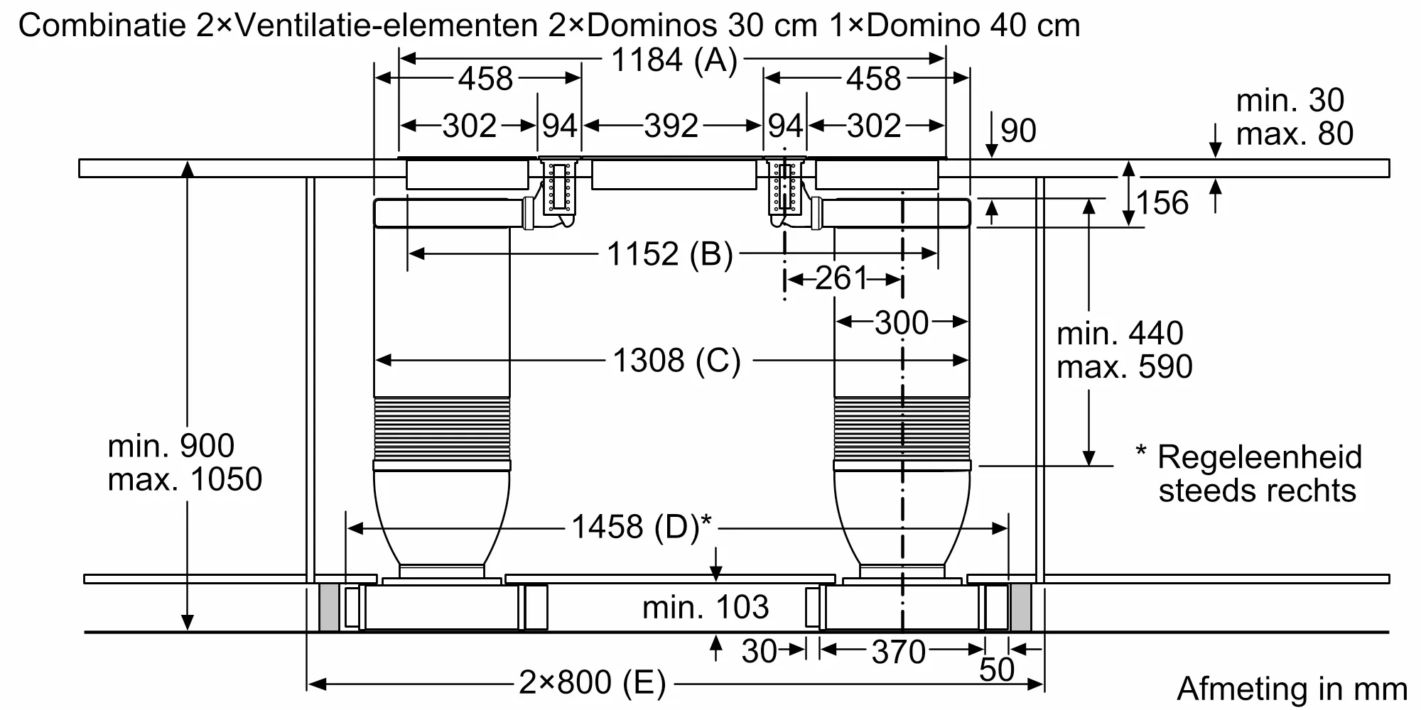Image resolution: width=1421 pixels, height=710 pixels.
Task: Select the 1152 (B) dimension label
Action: coord(669,253)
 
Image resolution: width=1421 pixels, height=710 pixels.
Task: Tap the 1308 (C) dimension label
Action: coord(676,361)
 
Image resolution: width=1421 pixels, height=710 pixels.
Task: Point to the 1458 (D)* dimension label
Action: coord(642,527)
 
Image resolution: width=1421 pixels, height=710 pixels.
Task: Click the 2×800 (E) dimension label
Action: coord(593,683)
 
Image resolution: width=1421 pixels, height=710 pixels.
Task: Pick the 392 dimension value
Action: coord(671,126)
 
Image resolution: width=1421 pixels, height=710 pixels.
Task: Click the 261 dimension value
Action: coord(842,278)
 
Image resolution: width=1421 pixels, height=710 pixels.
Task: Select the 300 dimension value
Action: coord(902,323)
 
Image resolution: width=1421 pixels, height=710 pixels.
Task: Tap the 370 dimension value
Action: coord(899,652)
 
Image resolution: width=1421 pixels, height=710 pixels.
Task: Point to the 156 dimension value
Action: coord(1162,203)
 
